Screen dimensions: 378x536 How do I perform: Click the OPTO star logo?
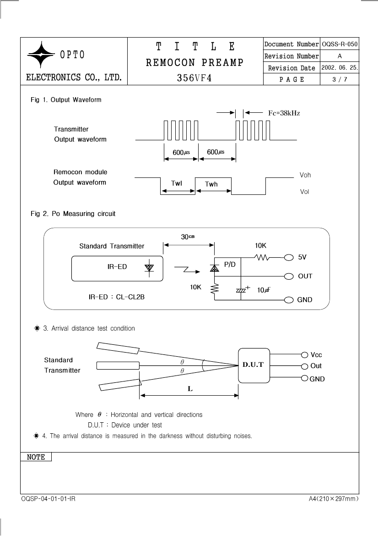(41, 55)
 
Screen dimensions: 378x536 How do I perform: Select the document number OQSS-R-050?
(340, 44)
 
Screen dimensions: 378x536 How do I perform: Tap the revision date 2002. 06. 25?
(340, 68)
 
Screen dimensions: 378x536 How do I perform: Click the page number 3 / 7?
(340, 80)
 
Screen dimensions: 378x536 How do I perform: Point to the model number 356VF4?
(194, 78)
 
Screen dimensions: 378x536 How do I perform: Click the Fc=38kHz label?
(284, 113)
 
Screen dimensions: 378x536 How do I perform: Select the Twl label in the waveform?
(176, 183)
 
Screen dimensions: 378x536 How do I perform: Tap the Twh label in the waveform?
(211, 184)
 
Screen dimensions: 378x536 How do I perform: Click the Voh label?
(305, 175)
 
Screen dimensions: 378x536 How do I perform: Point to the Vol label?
(304, 192)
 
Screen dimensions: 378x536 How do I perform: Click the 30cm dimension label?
(188, 237)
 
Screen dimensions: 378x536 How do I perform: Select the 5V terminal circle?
(289, 257)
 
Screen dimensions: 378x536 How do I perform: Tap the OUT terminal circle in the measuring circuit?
(289, 276)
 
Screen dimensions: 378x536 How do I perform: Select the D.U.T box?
(254, 365)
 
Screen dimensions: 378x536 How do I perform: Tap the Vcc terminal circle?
(305, 355)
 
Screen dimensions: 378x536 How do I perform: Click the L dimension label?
(190, 389)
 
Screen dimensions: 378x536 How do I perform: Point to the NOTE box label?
(36, 457)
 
